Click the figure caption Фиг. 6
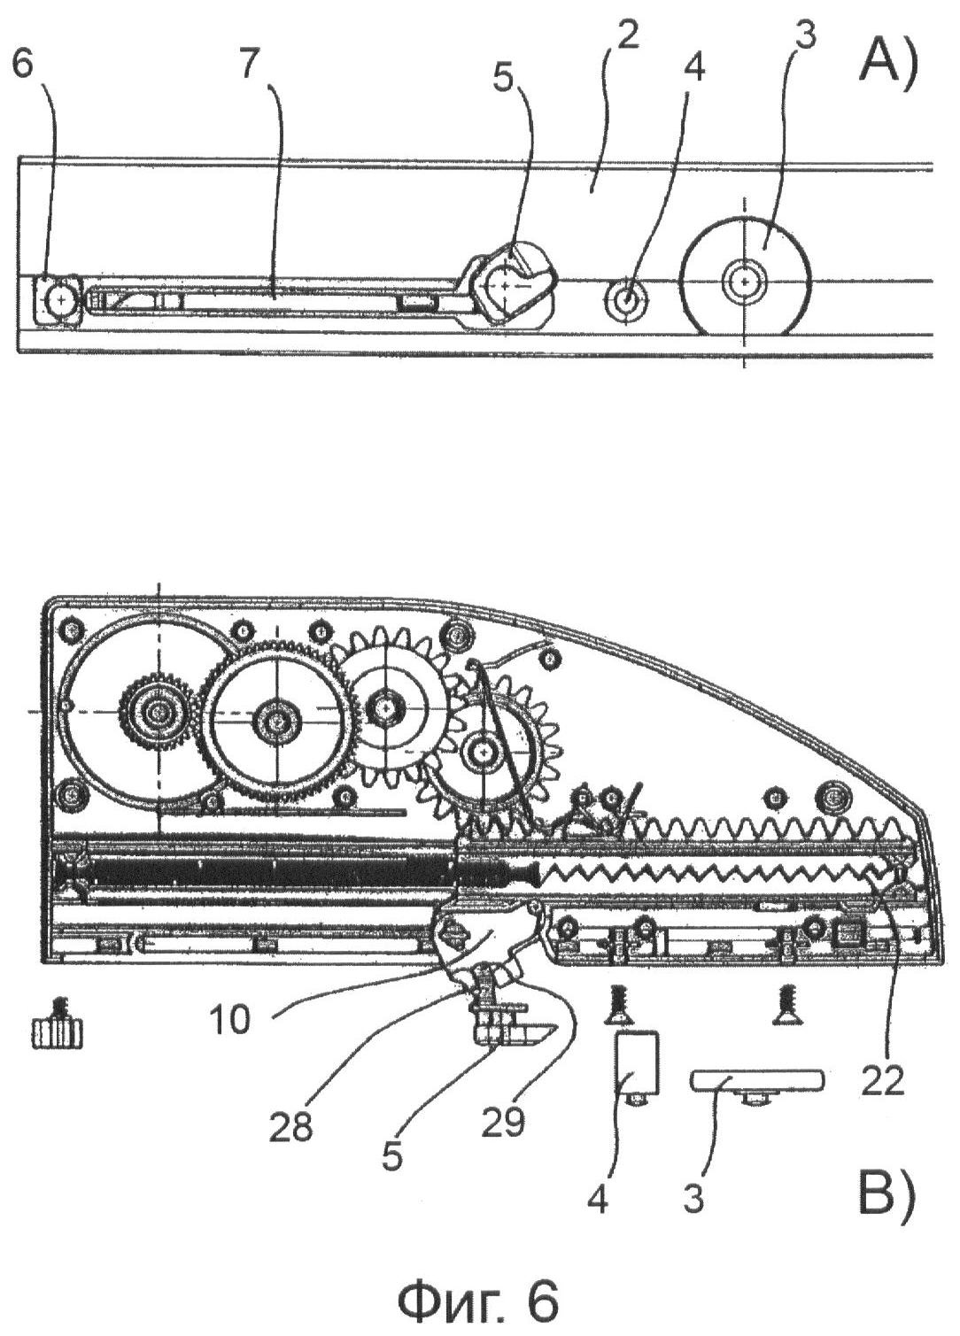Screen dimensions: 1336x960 (480, 1301)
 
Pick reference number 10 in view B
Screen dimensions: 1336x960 (228, 1020)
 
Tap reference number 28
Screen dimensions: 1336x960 (293, 1127)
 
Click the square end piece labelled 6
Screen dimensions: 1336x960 (58, 299)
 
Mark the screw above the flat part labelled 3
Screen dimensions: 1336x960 (784, 1005)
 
